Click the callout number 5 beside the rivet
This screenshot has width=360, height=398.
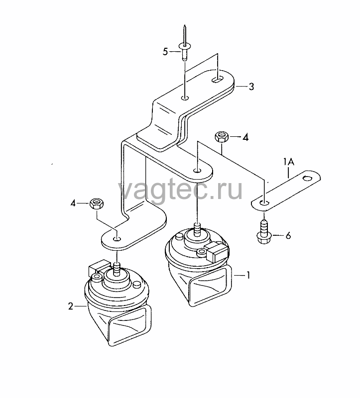click(165, 52)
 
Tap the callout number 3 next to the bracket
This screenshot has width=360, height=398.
click(251, 87)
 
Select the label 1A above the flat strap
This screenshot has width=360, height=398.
click(289, 162)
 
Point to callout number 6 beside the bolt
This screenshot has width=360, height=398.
click(288, 236)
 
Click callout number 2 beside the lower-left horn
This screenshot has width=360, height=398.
click(71, 306)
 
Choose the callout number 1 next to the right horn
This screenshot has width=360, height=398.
click(248, 275)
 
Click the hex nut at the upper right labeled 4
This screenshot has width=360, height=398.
click(222, 137)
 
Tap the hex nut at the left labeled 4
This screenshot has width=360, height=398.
click(97, 203)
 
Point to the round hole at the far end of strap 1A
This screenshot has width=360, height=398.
click(307, 179)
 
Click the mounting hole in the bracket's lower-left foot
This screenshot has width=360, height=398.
click(117, 239)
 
